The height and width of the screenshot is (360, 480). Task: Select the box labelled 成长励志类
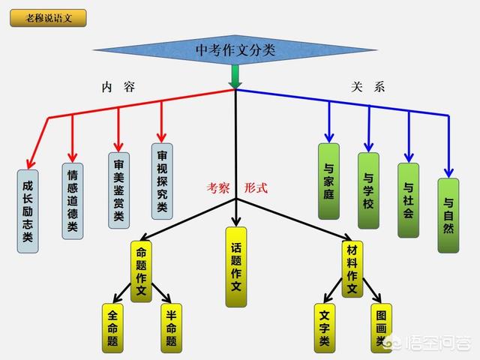pos(28,211)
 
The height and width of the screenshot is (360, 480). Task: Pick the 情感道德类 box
pos(73,200)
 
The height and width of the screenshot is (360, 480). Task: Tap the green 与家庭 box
pos(328,181)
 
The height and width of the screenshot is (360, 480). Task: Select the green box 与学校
pos(368,190)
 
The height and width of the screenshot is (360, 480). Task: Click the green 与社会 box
pos(408,200)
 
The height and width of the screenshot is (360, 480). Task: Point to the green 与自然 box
pos(448,214)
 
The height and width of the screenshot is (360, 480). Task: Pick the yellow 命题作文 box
pos(142,271)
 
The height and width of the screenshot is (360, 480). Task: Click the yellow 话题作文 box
pos(235,266)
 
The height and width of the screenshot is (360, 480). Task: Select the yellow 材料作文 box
pos(352,269)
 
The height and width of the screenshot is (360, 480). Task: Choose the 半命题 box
pos(172,327)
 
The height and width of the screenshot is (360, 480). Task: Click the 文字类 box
pos(324,327)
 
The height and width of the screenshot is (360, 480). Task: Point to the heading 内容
pos(118,87)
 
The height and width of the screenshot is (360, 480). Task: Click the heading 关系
pos(367,87)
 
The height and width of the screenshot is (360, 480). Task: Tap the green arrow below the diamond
pos(235,76)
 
